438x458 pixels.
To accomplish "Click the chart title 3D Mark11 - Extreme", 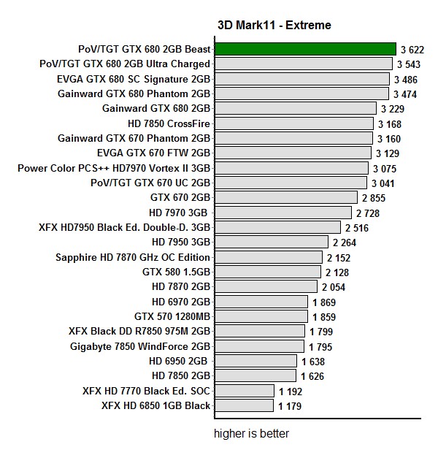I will click(274, 26).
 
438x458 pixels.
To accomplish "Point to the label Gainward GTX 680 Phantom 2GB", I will click(134, 93).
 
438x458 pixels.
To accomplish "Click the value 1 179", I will click(291, 406).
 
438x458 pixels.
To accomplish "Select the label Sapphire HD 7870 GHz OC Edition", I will click(133, 257).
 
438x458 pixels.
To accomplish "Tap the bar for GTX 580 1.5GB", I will click(267, 272).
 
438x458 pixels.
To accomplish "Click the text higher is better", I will click(251, 434).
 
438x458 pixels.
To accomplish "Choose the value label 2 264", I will click(345, 243).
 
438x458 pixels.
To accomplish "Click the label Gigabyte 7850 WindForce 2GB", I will click(140, 346).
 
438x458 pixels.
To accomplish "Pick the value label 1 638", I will click(313, 362).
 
